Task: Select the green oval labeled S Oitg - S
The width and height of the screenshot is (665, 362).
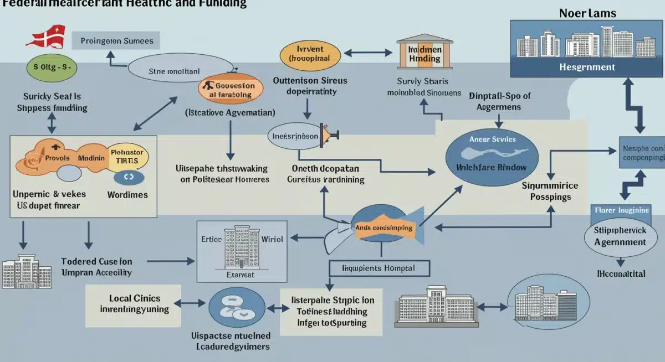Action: pyautogui.click(x=52, y=67)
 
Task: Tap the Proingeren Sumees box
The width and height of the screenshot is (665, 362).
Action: pyautogui.click(x=116, y=41)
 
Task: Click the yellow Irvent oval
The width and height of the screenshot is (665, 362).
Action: pyautogui.click(x=310, y=54)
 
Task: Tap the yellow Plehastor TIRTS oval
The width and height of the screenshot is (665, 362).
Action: pyautogui.click(x=127, y=157)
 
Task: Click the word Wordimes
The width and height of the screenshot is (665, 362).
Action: pyautogui.click(x=128, y=195)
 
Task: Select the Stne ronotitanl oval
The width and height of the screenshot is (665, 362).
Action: pyautogui.click(x=175, y=71)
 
